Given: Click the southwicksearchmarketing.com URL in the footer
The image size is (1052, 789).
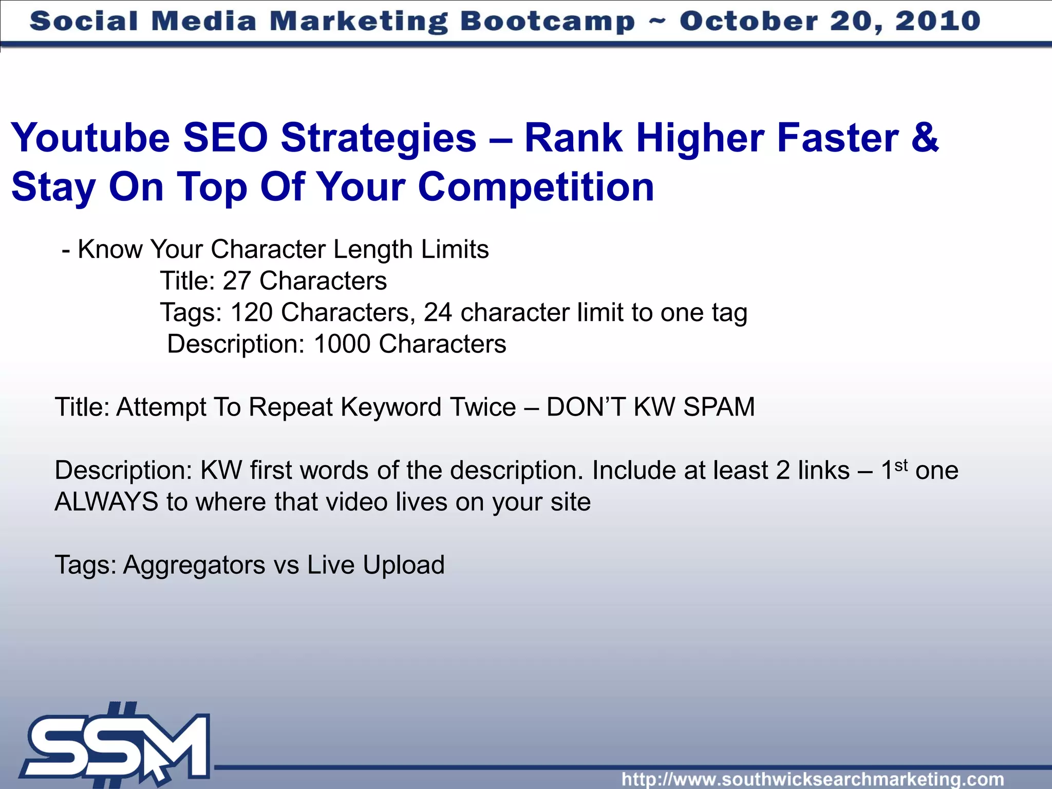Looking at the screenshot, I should coord(813,779).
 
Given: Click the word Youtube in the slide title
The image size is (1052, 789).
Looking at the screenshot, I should coord(90,139).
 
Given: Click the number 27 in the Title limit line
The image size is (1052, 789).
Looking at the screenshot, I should coord(236,281).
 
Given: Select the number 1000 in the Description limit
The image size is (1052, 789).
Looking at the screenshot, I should coord(342,344).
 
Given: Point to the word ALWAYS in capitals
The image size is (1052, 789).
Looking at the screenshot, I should coord(106,502).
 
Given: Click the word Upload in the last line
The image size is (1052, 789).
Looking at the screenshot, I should coord(403,565).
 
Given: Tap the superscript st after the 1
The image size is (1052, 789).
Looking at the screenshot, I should coord(901,465).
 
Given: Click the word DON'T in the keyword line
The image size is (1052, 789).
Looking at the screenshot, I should coord(585,407).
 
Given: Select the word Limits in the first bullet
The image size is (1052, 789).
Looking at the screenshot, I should coord(455,250).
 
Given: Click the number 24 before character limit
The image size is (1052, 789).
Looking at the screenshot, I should coord(438,312).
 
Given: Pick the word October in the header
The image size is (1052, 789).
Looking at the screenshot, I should coord(748,22).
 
